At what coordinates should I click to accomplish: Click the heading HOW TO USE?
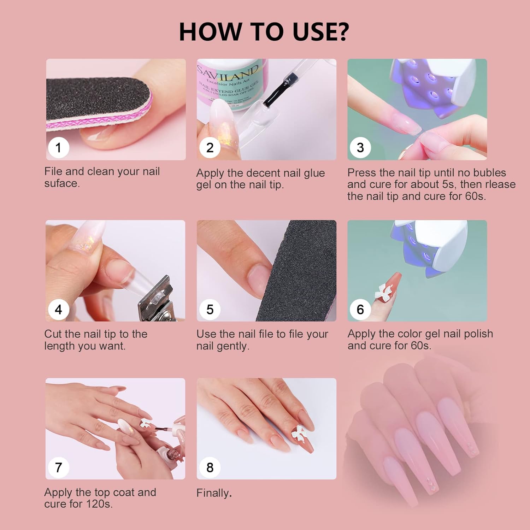[x=264, y=32]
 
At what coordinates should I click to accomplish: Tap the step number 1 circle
[x=58, y=147]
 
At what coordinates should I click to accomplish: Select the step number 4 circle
[x=58, y=310]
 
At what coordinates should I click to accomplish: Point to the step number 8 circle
[x=210, y=467]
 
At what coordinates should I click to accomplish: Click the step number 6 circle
[x=360, y=310]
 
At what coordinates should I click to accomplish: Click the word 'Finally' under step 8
[x=212, y=493]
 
